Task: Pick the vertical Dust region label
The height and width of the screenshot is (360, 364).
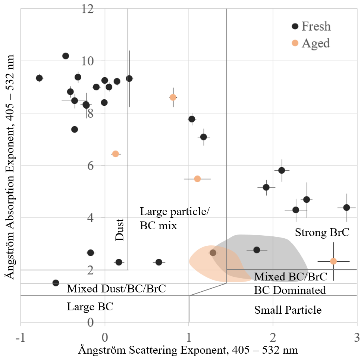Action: (x=119, y=230)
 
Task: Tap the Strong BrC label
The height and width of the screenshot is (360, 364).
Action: (x=322, y=233)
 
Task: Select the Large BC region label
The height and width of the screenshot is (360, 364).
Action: (x=90, y=307)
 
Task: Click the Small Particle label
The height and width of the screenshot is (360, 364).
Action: (x=288, y=310)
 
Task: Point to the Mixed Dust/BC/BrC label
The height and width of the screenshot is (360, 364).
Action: (x=116, y=289)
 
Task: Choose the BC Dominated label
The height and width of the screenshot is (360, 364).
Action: (x=290, y=290)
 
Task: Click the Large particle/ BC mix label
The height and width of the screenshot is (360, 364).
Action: (x=174, y=218)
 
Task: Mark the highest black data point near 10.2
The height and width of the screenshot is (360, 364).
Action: (x=66, y=56)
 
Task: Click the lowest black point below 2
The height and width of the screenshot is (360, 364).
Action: (x=56, y=283)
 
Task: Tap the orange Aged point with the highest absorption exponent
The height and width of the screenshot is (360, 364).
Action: (x=173, y=97)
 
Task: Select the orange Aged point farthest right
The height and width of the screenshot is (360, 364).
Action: (x=333, y=261)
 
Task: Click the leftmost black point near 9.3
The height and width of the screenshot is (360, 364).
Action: (x=39, y=78)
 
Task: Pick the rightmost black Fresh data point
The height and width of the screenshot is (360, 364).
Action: (x=346, y=208)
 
